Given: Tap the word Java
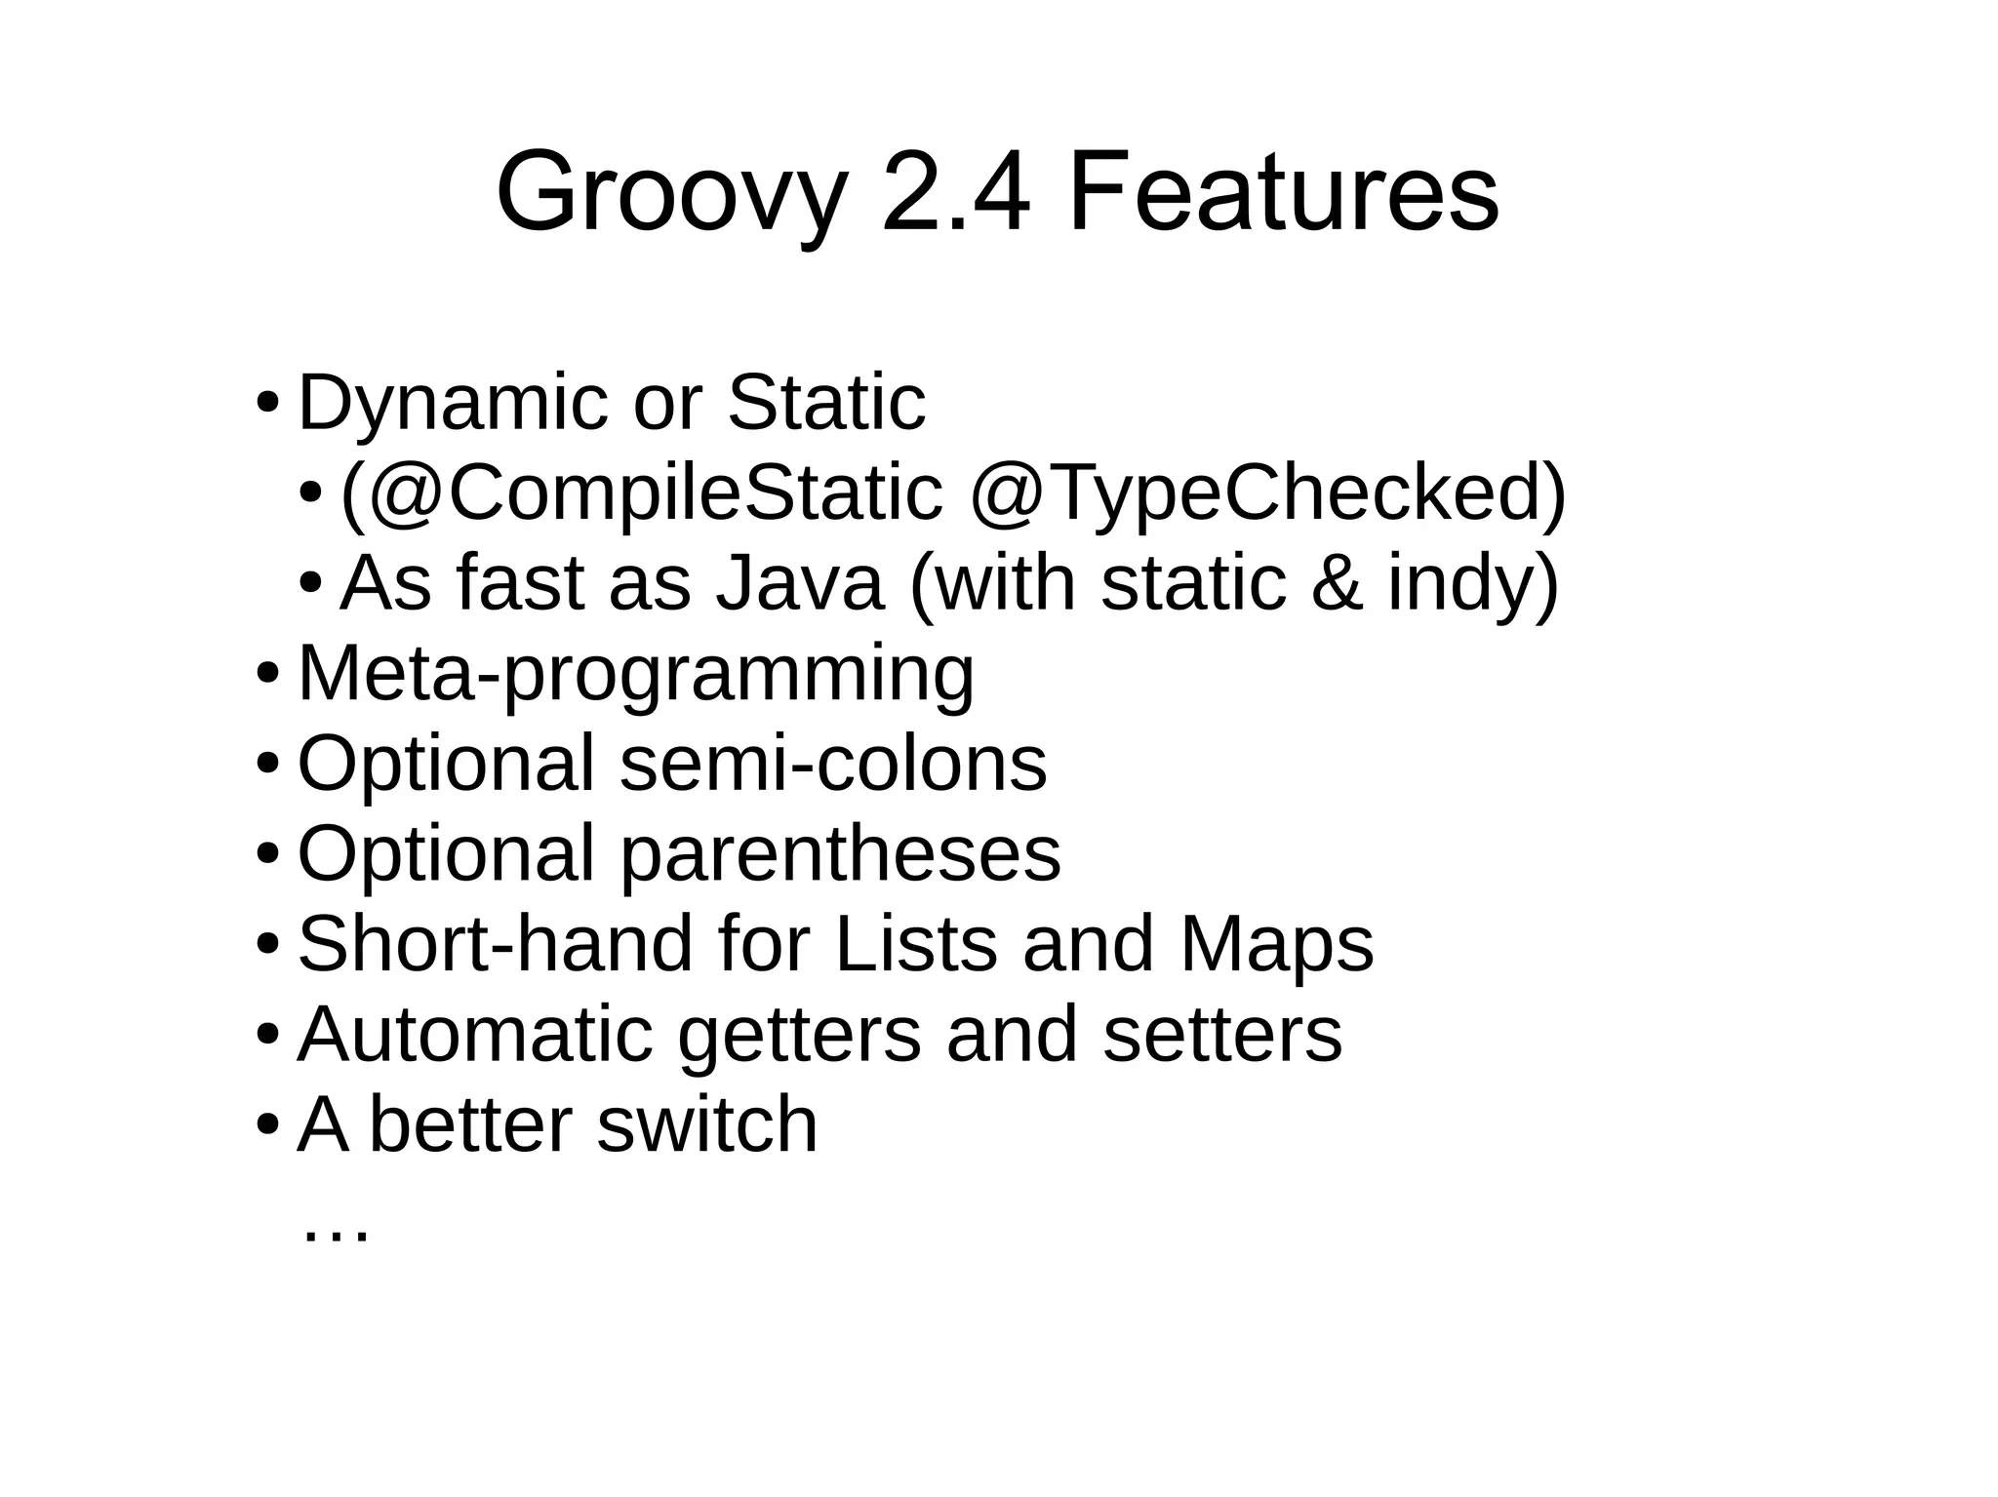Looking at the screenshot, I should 799,582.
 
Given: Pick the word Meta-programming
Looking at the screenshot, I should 635,674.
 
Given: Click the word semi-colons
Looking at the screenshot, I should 832,764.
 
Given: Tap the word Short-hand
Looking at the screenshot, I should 495,943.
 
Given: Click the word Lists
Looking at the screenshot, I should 916,943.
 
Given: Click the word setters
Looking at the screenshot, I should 1222,1034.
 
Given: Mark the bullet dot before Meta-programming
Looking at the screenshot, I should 267,674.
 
